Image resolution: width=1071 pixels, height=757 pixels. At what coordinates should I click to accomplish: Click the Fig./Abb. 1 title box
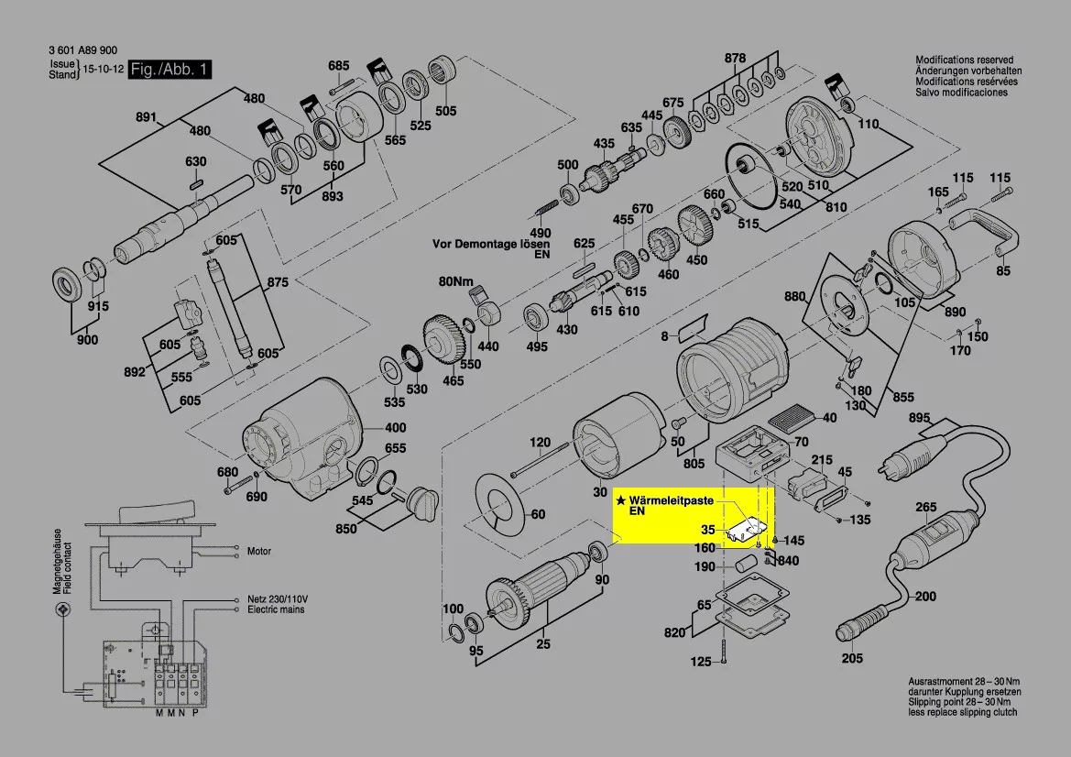[x=170, y=70]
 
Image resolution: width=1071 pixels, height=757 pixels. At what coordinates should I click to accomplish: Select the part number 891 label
[x=147, y=116]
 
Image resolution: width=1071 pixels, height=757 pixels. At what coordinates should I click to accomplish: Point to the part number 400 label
[x=395, y=428]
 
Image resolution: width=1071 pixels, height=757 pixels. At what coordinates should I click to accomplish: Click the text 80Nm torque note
[x=455, y=280]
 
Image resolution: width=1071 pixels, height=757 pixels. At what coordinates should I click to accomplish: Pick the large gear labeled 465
[x=444, y=339]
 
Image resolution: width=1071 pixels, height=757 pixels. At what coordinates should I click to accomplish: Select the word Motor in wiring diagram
[x=259, y=552]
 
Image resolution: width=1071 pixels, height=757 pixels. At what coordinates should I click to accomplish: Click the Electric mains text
[x=276, y=609]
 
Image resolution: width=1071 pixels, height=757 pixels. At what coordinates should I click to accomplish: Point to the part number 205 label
[x=852, y=658]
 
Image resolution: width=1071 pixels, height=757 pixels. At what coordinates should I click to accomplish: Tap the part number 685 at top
[x=339, y=65]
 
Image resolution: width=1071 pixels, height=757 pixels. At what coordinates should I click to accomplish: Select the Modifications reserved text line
[x=967, y=60]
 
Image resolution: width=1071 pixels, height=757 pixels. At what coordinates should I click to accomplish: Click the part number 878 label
[x=735, y=58]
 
